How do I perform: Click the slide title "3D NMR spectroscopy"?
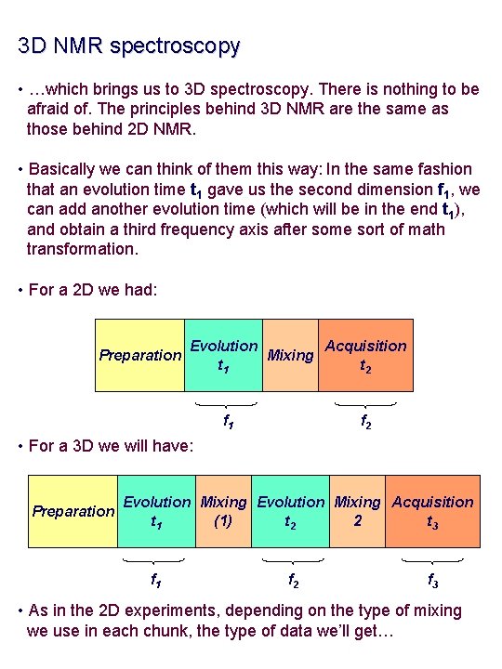(128, 45)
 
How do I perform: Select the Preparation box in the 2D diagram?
(140, 355)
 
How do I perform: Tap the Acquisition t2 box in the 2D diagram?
(365, 355)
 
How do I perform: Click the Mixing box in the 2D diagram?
(290, 355)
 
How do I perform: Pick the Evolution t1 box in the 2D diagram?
(223, 355)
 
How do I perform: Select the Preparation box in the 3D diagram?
(73, 511)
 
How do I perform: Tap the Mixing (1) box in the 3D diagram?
(223, 511)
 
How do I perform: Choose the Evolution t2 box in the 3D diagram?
(290, 511)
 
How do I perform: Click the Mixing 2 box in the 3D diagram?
(357, 511)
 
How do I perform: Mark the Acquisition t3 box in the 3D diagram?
(432, 511)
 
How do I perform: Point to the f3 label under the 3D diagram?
(432, 580)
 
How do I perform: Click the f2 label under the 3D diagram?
(293, 580)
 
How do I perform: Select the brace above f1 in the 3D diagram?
(154, 561)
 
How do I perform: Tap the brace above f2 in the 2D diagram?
(365, 404)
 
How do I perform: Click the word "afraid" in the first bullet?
(50, 110)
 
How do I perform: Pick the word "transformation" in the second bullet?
(83, 249)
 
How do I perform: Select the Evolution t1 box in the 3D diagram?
(156, 511)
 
